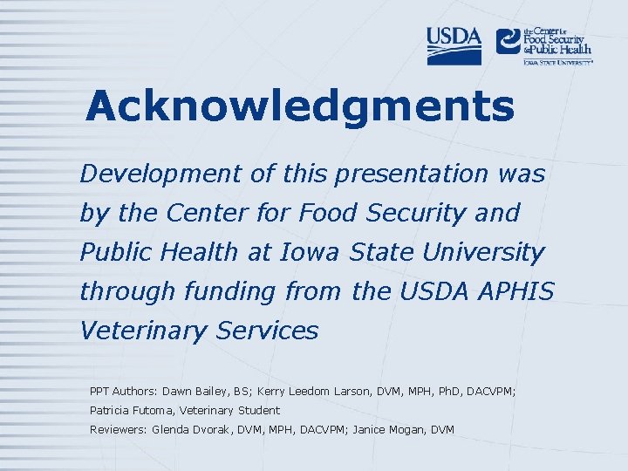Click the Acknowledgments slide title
pos(300,106)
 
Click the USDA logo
pos(454,45)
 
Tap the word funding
pos(225,291)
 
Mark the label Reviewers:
pos(119,429)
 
